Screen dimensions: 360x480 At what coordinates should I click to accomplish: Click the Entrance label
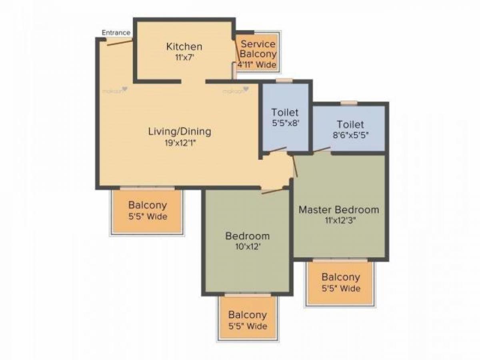pyautogui.click(x=116, y=33)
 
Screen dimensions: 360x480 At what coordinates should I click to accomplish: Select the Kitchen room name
pyautogui.click(x=184, y=47)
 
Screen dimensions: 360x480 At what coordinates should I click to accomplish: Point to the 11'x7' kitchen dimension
pyautogui.click(x=184, y=57)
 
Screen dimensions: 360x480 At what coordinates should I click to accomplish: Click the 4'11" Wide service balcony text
pyautogui.click(x=257, y=64)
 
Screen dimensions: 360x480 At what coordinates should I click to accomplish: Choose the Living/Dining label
pyautogui.click(x=180, y=131)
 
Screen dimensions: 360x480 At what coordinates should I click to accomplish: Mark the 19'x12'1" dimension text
pyautogui.click(x=180, y=142)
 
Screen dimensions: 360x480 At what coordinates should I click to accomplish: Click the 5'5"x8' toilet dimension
pyautogui.click(x=285, y=123)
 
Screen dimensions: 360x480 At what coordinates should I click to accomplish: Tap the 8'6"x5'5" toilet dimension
pyautogui.click(x=350, y=135)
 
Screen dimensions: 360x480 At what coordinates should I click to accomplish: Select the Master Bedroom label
pyautogui.click(x=339, y=210)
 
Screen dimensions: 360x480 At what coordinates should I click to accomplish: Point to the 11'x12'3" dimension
pyautogui.click(x=339, y=220)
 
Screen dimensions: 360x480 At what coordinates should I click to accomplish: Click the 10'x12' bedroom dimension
pyautogui.click(x=247, y=246)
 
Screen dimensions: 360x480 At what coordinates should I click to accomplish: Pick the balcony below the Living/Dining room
pyautogui.click(x=147, y=211)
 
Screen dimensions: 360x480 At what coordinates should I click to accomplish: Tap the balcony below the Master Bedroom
pyautogui.click(x=340, y=282)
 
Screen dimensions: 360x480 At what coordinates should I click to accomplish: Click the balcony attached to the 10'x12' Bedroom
pyautogui.click(x=247, y=320)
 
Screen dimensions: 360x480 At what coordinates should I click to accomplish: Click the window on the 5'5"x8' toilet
pyautogui.click(x=284, y=80)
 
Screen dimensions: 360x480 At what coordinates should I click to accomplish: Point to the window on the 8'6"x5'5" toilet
pyautogui.click(x=349, y=103)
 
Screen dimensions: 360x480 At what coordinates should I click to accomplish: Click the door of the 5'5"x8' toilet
pyautogui.click(x=277, y=151)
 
